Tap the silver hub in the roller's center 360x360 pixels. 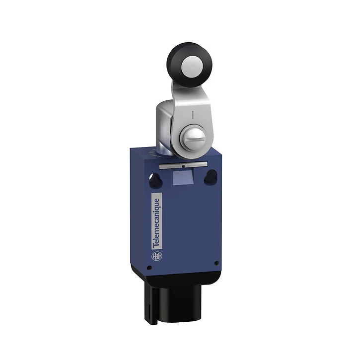pyautogui.click(x=192, y=66)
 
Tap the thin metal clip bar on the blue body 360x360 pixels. pyautogui.click(x=183, y=165)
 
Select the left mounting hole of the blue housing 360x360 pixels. pyautogui.click(x=155, y=179)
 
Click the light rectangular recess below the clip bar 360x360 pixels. pyautogui.click(x=183, y=177)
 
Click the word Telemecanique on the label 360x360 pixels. pyautogui.click(x=156, y=223)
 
